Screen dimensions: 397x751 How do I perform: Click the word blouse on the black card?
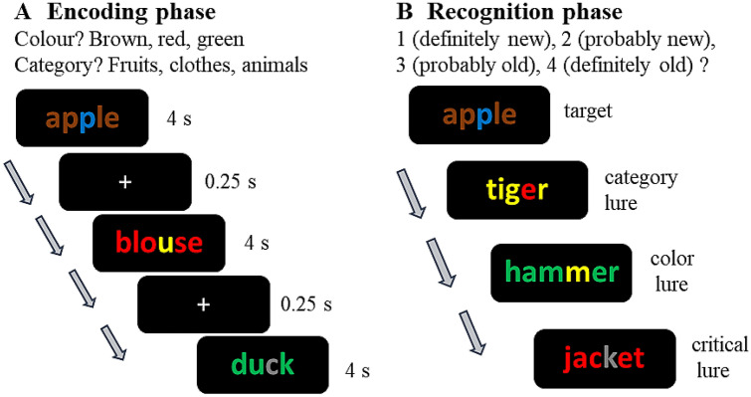(x=158, y=242)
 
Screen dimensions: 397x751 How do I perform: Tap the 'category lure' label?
(x=641, y=188)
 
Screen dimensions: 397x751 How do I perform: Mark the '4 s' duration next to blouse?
(x=256, y=243)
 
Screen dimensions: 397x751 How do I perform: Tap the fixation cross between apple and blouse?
(x=124, y=182)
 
